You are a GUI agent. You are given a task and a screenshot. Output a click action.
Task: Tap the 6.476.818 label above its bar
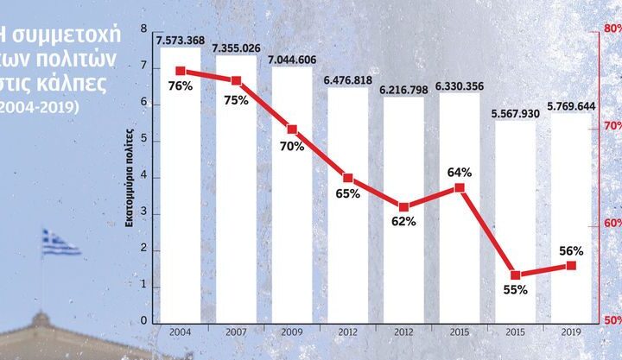(x=348, y=80)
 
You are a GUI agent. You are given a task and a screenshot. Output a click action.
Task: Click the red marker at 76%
(x=181, y=71)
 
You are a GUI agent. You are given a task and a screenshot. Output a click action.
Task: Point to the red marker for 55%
(x=516, y=275)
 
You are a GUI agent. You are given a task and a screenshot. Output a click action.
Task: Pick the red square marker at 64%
(x=460, y=187)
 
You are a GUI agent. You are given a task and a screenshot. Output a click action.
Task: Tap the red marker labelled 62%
(x=403, y=206)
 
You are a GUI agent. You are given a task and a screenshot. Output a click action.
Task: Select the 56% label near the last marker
(x=571, y=251)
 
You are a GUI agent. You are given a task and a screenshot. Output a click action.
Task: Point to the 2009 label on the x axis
(x=292, y=331)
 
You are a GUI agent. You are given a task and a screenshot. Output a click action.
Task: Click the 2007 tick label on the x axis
(x=236, y=331)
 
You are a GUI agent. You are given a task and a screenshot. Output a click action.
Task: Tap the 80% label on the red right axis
(x=612, y=28)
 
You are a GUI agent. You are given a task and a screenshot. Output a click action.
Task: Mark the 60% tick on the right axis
(x=612, y=224)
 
